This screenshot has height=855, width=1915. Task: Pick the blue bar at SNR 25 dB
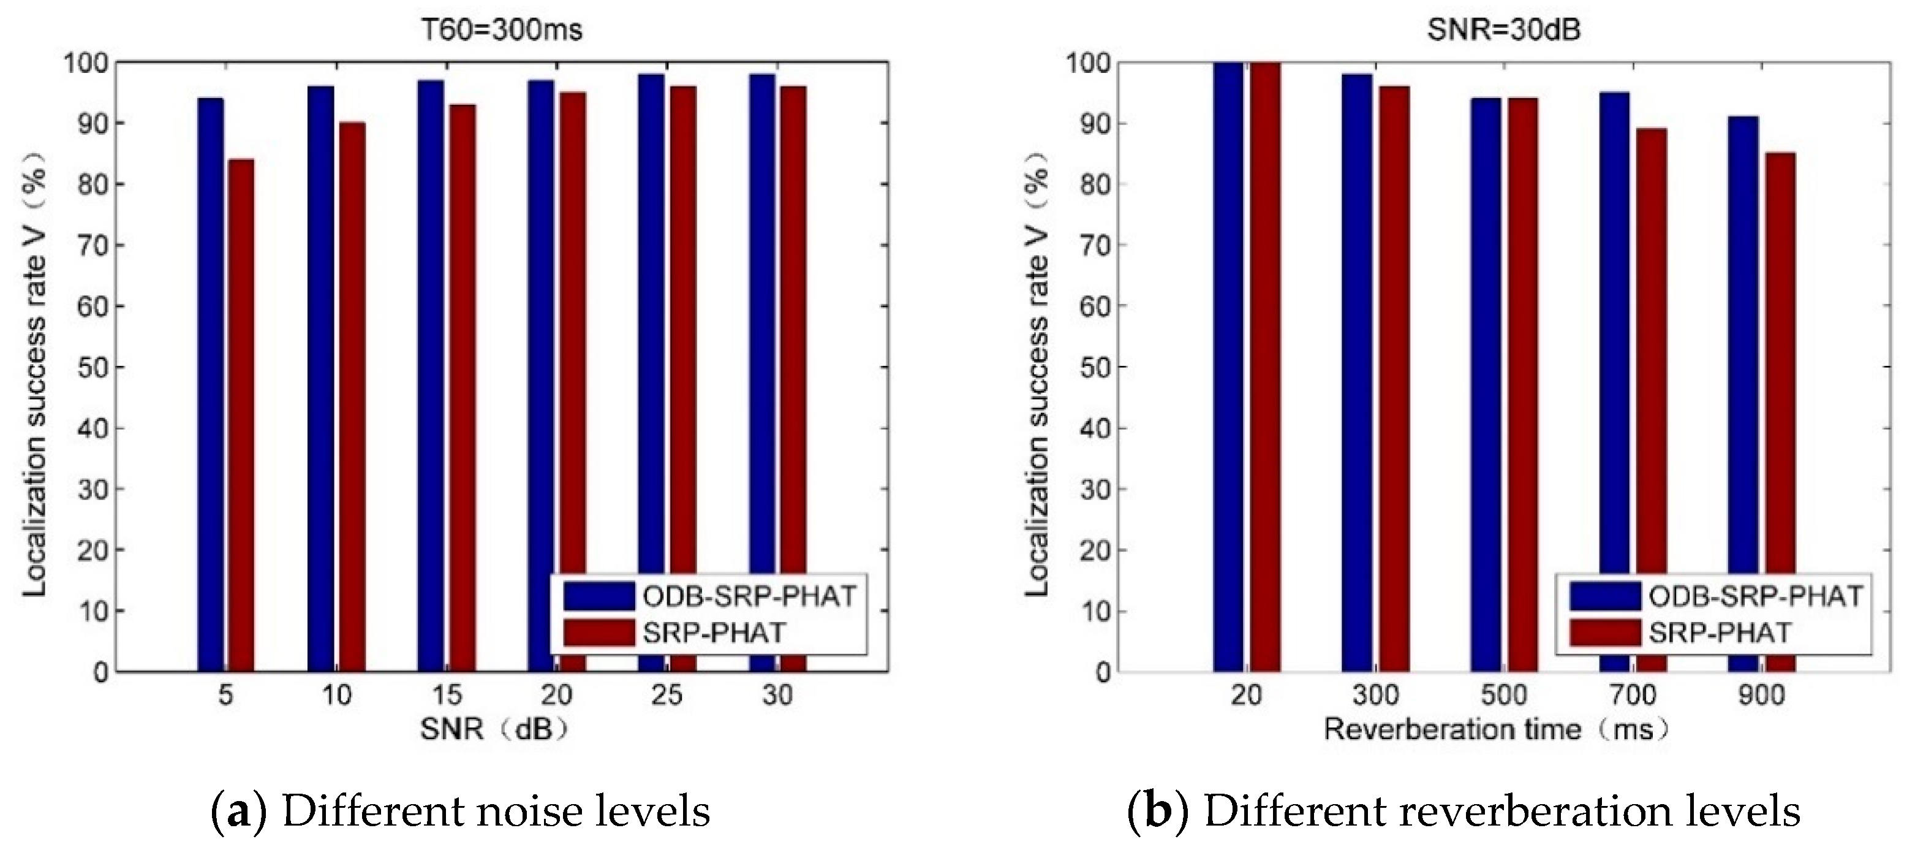[651, 372]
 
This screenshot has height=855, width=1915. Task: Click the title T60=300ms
[501, 30]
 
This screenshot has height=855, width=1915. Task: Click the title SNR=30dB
[1503, 30]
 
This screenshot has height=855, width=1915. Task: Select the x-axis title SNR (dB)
[495, 729]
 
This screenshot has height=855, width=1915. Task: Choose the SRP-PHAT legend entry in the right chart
[1720, 633]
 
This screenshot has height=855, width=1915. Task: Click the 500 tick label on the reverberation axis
[1503, 695]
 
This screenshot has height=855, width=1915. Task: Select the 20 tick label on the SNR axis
[556, 695]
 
